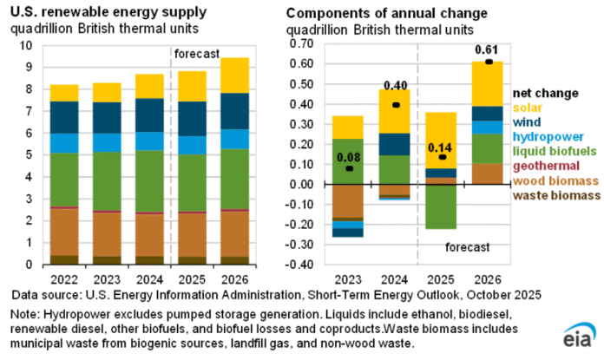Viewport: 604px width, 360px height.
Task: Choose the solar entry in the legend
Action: [528, 107]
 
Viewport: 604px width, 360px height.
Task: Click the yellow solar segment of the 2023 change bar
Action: [348, 127]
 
